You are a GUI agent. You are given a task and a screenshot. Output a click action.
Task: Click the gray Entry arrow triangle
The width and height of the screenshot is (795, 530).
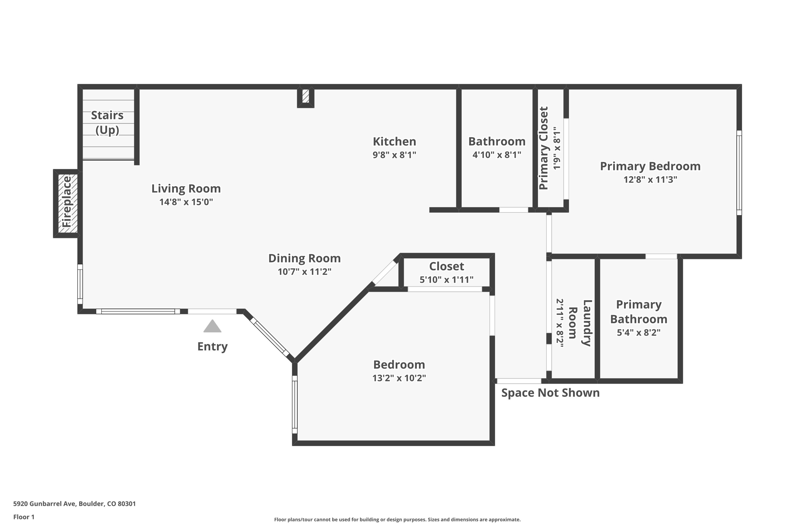tap(212, 327)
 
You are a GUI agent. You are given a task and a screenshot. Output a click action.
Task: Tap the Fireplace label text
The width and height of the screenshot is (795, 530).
tap(67, 202)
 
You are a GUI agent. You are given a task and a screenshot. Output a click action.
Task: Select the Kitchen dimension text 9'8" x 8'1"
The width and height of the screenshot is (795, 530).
tap(394, 155)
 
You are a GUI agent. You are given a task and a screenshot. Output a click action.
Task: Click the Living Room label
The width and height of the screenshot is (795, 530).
tap(186, 189)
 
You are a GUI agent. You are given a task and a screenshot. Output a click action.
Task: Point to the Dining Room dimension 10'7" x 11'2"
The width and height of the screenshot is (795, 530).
tap(304, 272)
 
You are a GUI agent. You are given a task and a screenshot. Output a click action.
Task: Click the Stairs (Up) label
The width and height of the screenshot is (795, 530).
tap(107, 122)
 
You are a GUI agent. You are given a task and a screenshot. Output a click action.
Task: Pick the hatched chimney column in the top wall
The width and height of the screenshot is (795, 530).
tap(306, 96)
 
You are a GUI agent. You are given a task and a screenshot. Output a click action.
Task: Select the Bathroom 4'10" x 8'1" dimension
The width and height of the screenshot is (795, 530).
tap(496, 155)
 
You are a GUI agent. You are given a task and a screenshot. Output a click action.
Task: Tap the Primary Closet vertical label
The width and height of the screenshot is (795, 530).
tap(543, 148)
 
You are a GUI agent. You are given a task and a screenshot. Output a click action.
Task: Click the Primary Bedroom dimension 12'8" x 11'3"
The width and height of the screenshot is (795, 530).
tap(650, 180)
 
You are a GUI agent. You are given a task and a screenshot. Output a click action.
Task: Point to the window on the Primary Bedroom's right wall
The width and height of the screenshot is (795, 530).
tap(739, 172)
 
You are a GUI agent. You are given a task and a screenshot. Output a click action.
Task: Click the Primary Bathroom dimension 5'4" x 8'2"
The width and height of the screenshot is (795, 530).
tap(639, 333)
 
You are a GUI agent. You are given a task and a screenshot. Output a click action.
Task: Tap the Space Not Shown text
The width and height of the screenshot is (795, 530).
tap(550, 393)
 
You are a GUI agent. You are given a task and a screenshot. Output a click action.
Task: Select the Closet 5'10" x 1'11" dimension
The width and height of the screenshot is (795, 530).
tap(446, 280)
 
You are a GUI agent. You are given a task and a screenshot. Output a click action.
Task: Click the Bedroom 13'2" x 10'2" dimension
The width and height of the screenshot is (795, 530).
tap(399, 378)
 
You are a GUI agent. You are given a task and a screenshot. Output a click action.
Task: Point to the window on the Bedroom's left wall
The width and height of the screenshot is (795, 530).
tap(295, 404)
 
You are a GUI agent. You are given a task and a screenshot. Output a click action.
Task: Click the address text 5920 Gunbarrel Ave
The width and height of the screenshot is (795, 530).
tap(75, 504)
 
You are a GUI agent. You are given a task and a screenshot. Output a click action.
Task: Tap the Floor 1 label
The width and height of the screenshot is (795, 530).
tap(24, 517)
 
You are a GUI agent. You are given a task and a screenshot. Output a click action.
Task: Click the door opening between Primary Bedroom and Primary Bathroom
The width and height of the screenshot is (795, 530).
tap(661, 256)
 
